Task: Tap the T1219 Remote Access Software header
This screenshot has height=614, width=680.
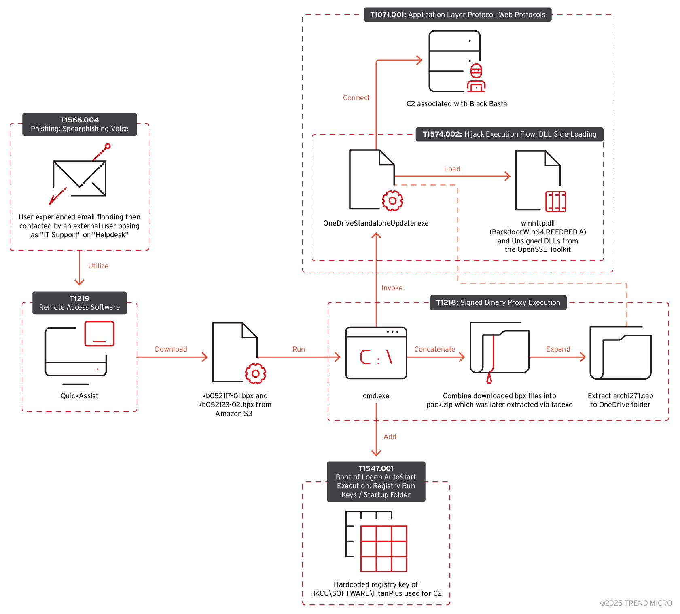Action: [79, 303]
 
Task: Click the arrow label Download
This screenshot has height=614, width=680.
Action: [171, 349]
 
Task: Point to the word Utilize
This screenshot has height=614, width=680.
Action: [98, 266]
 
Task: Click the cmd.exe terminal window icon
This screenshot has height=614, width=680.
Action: [376, 353]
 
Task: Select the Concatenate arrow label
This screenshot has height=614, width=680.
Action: [434, 349]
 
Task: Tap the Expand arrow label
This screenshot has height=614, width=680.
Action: [558, 349]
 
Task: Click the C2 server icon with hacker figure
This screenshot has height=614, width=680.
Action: [457, 61]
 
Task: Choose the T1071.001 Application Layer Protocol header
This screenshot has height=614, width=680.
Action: [457, 15]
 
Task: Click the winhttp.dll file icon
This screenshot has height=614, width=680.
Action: [539, 181]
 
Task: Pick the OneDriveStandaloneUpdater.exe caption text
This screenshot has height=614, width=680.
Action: [375, 223]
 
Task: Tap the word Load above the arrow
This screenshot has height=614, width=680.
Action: [452, 169]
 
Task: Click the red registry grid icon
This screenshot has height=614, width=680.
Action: [383, 549]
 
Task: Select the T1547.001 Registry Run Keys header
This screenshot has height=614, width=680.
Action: [376, 481]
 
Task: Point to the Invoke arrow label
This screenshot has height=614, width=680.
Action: [392, 288]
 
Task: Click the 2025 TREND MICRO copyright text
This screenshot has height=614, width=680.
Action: [636, 603]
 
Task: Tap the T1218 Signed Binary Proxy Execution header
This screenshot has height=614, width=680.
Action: [498, 302]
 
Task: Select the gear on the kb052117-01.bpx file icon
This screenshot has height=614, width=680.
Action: [255, 374]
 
